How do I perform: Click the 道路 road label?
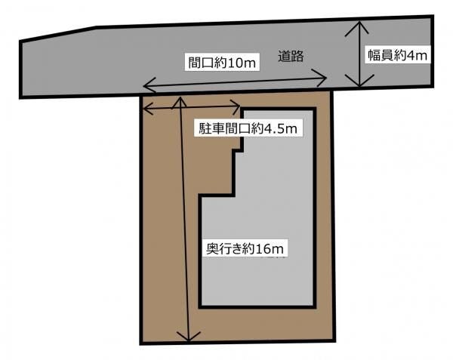click(291, 56)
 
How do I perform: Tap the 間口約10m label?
click(222, 63)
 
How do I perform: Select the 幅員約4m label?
click(398, 55)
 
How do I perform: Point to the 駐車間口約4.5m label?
click(248, 128)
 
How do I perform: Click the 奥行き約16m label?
click(245, 248)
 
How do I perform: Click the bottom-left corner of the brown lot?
click(141, 343)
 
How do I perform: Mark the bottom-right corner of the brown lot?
click(334, 340)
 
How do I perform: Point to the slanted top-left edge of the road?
click(58, 34)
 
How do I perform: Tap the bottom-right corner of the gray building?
click(315, 307)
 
